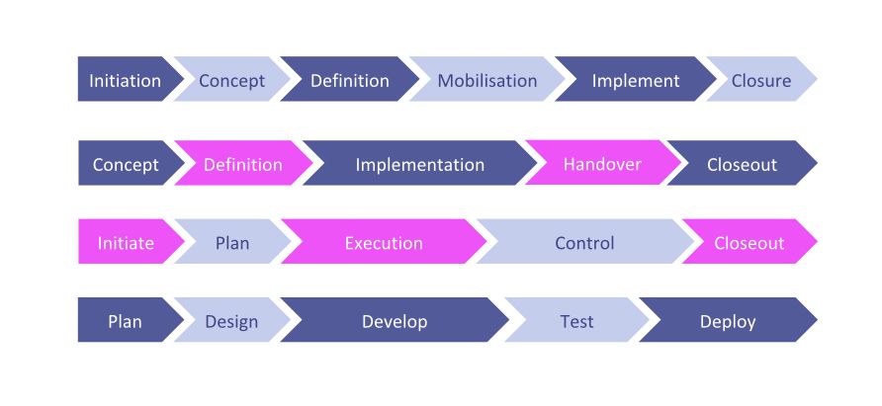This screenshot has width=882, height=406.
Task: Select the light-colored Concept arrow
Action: [x=231, y=79]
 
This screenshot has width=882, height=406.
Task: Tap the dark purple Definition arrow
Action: [x=350, y=79]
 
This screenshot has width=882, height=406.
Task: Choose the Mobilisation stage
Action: [x=487, y=79]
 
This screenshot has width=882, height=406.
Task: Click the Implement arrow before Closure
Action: [x=636, y=79]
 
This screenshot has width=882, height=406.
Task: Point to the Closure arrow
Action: [x=761, y=79]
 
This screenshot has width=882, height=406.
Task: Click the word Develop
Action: [x=395, y=322]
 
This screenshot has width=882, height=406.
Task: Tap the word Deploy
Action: [x=728, y=322]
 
